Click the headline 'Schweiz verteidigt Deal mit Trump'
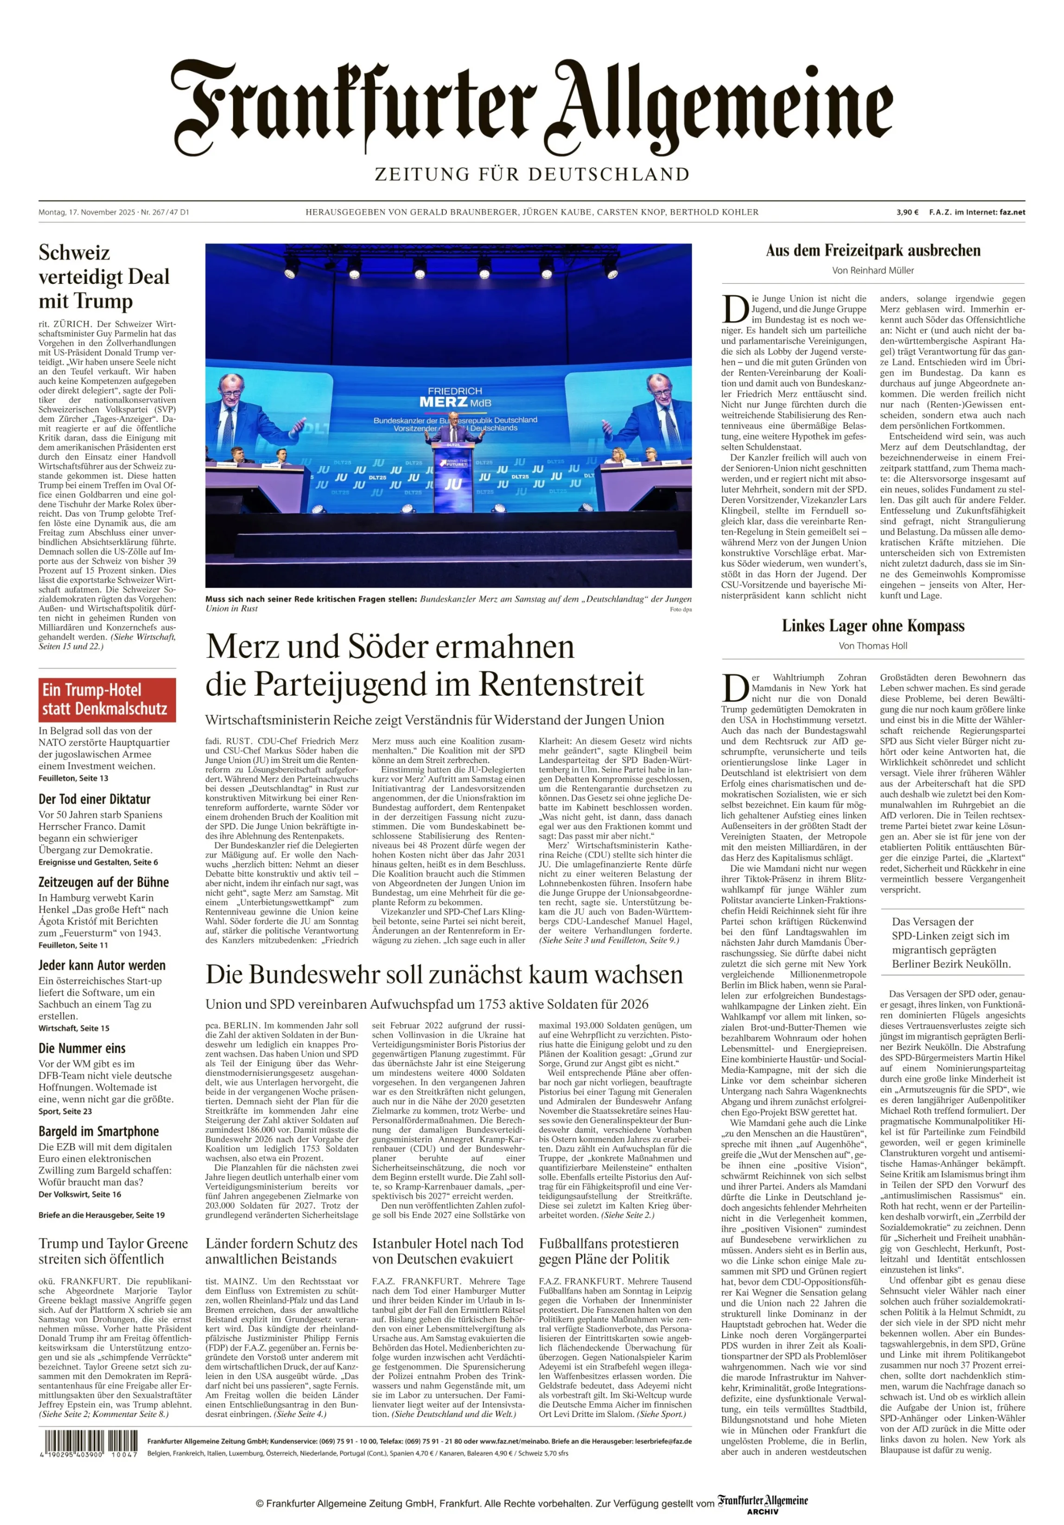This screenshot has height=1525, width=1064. click(104, 276)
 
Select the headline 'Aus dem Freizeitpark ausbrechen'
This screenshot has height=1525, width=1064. click(873, 250)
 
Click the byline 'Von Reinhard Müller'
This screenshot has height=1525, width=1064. click(873, 270)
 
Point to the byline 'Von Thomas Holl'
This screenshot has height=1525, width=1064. click(873, 646)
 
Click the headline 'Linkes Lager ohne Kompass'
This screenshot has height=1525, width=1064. click(873, 626)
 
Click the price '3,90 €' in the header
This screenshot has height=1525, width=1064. click(907, 212)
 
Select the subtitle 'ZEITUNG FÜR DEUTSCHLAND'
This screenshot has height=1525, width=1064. click(532, 175)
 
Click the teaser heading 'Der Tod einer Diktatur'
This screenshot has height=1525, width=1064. click(94, 799)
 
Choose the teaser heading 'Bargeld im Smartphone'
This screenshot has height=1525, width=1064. click(98, 1131)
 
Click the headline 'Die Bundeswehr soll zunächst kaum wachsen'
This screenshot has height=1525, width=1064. click(444, 975)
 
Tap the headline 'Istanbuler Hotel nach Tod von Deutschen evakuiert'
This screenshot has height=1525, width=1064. click(447, 1251)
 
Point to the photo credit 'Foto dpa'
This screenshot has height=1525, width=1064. click(680, 609)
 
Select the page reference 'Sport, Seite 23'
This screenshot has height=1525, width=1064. click(65, 1111)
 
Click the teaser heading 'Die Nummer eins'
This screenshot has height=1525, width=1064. click(82, 1048)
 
